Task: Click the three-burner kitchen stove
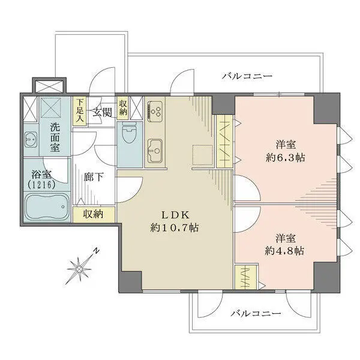157,110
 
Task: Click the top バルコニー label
247,76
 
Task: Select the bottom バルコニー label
255,314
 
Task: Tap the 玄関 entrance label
102,112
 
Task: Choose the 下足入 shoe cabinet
79,111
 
